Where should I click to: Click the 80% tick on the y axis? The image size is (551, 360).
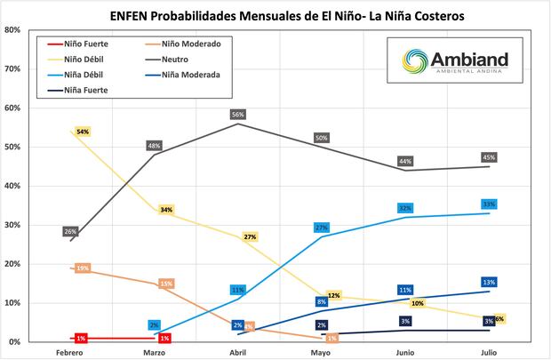[x=12, y=29]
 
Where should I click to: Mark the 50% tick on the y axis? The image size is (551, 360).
[x=12, y=147]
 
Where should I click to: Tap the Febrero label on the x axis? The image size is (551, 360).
[x=71, y=353]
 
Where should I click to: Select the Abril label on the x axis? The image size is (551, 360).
[x=238, y=353]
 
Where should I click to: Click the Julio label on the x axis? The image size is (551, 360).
[x=489, y=353]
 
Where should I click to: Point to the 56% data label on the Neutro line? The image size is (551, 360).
[x=238, y=115]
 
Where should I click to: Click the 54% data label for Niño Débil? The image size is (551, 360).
[x=83, y=132]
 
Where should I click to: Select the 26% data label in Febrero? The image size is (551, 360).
[x=71, y=232]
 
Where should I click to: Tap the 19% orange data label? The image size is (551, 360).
[x=83, y=268]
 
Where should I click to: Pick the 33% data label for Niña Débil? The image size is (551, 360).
[x=489, y=204]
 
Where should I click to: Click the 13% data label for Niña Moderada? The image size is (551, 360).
[x=489, y=283]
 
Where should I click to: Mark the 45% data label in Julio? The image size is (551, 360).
[x=489, y=157]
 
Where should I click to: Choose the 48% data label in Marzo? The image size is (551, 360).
[x=154, y=146]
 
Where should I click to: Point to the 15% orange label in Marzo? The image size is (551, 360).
[x=165, y=284]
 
